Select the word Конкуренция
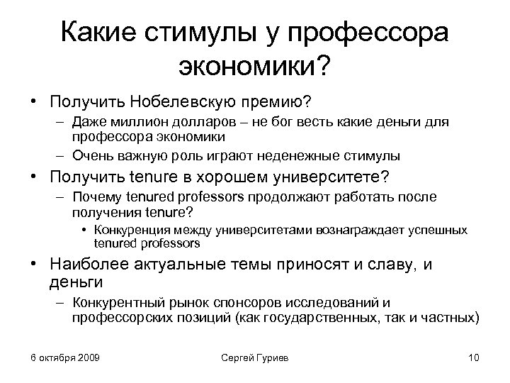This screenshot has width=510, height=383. click(x=133, y=231)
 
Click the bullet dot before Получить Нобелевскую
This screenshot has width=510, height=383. click(x=33, y=101)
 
